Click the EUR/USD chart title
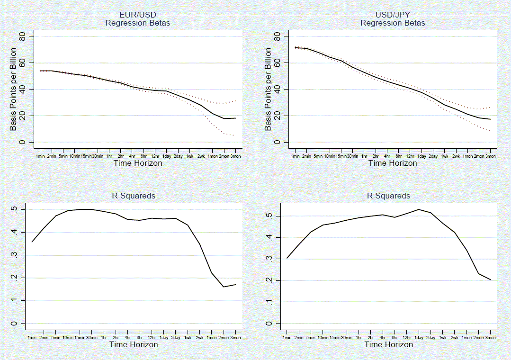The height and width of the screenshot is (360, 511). click(138, 15)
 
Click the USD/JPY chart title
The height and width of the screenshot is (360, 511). click(393, 15)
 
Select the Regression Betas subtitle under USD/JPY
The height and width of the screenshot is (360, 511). click(393, 23)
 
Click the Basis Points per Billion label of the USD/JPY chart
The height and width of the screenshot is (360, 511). click(269, 89)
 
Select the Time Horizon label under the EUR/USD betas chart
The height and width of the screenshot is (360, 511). click(138, 163)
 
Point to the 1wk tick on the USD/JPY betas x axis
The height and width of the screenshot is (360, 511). click(445, 156)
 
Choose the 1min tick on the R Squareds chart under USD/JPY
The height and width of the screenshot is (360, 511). click(287, 338)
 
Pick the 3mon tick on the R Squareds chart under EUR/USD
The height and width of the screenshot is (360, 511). click(235, 338)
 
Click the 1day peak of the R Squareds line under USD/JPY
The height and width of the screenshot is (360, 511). click(419, 209)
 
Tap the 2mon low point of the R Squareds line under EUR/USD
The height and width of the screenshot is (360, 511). click(223, 287)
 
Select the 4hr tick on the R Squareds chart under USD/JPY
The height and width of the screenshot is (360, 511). click(383, 338)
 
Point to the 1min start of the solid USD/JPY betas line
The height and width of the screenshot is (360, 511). click(295, 47)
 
